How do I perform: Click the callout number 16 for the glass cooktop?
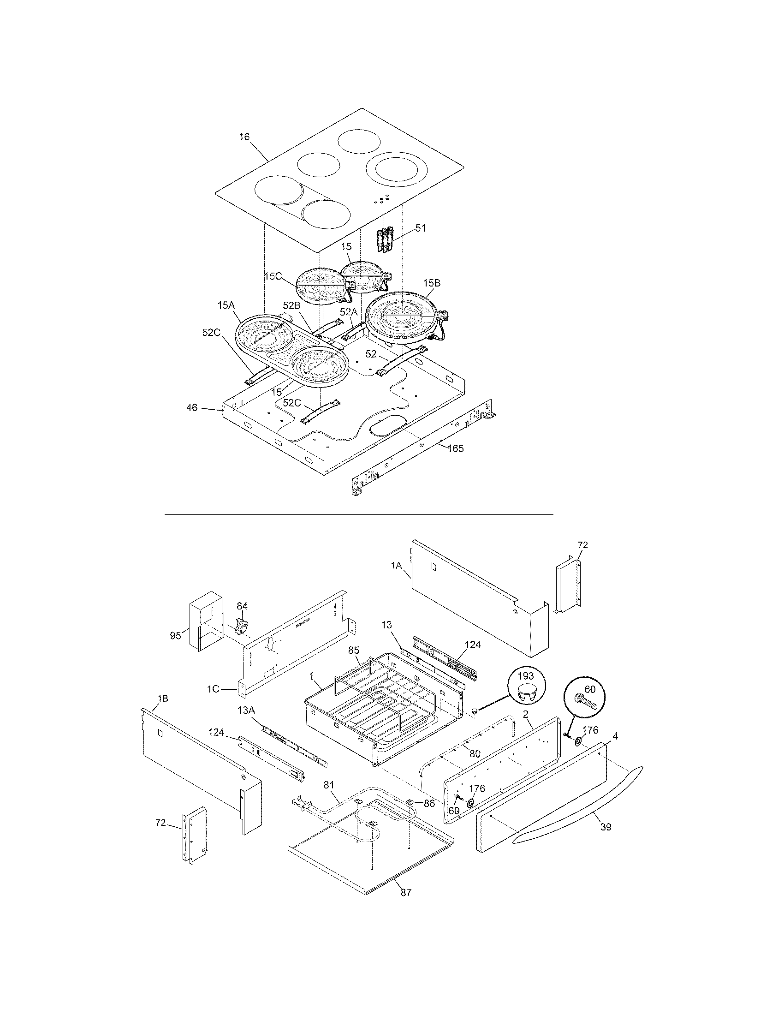(x=244, y=137)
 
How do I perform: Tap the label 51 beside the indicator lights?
(x=420, y=228)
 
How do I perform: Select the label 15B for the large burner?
(x=432, y=282)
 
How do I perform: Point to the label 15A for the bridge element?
(x=226, y=305)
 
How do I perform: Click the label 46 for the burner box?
(x=191, y=407)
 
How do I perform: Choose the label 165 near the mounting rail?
(x=456, y=448)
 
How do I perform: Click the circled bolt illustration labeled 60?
(x=585, y=699)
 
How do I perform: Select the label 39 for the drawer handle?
(x=606, y=827)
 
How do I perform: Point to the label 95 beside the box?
(x=175, y=636)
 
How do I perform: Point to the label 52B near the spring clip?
(x=291, y=305)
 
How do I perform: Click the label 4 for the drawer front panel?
(x=615, y=736)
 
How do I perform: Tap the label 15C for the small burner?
(x=273, y=276)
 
